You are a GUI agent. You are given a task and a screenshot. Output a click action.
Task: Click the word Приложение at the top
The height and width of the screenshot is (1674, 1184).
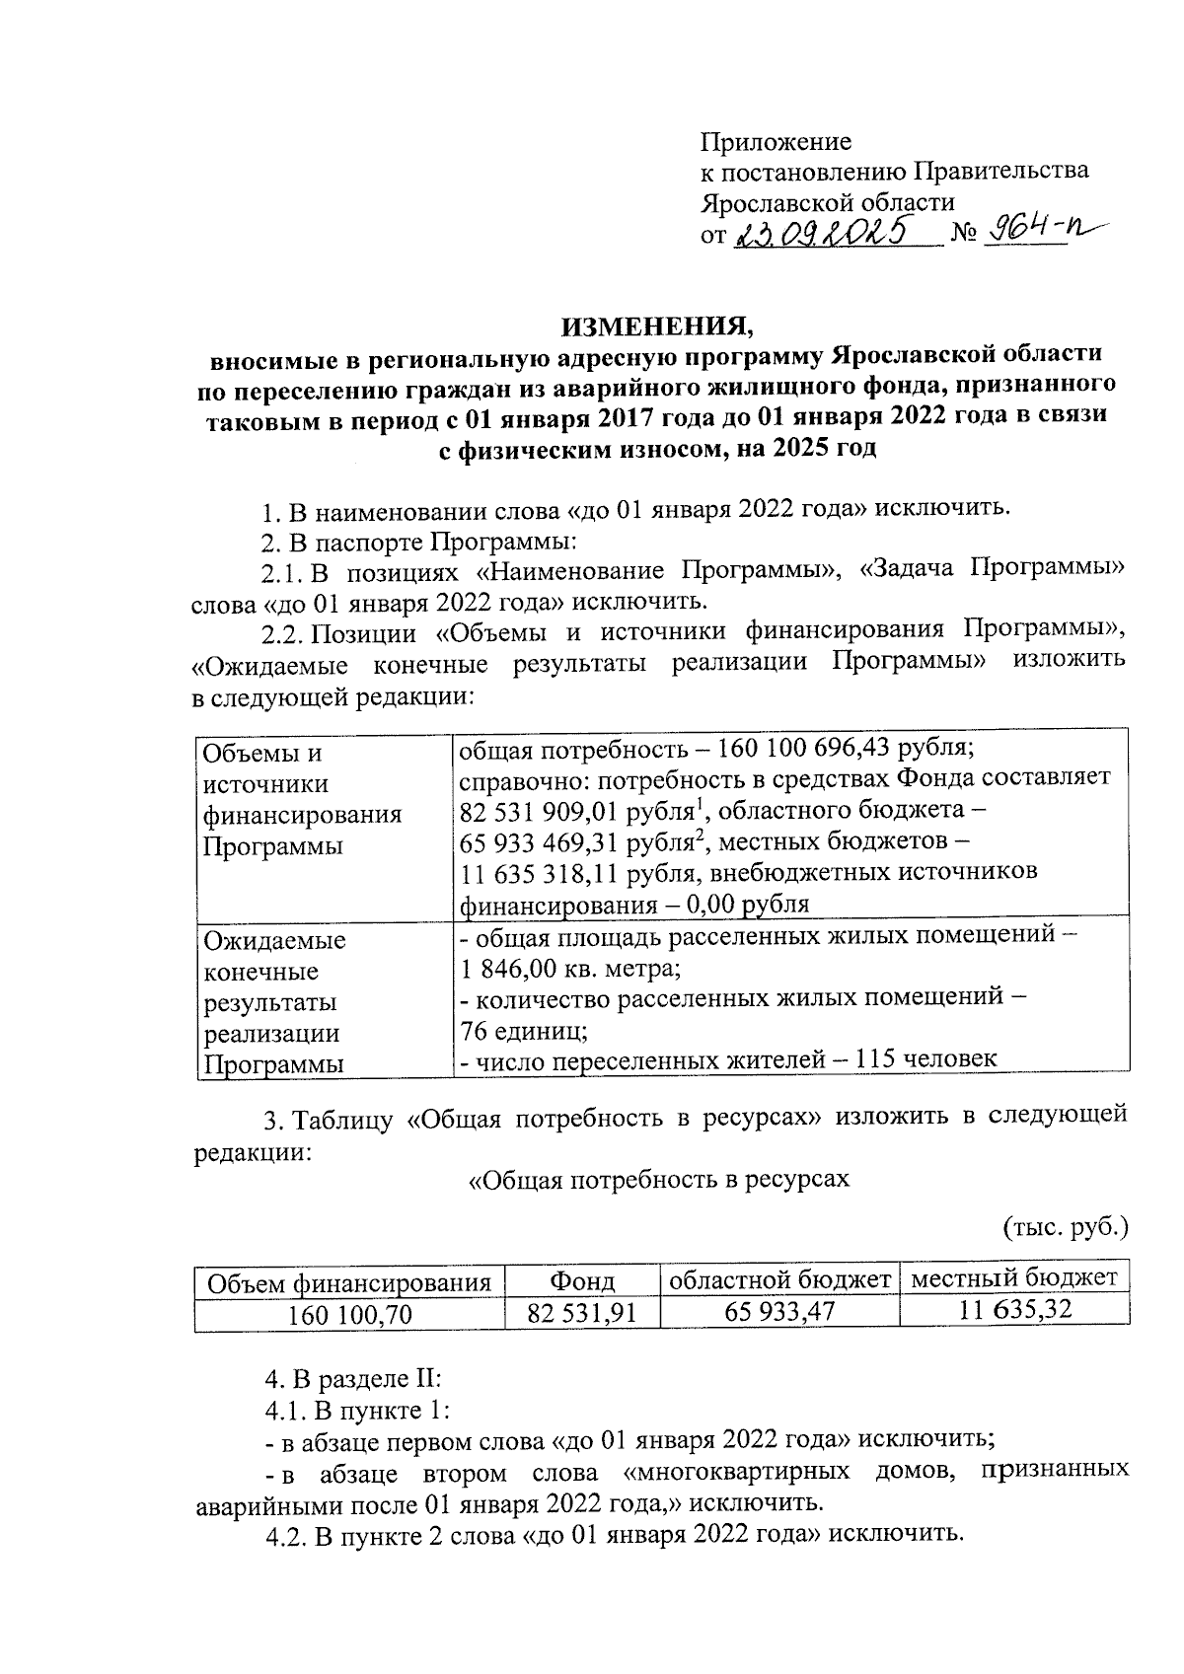coord(776,141)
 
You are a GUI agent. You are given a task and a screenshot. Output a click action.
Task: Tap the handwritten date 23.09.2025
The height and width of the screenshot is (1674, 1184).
coord(823,233)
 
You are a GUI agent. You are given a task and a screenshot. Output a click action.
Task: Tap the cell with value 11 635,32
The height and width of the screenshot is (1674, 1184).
coord(1015,1312)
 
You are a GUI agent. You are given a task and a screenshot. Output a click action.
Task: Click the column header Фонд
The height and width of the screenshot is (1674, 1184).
coord(582,1281)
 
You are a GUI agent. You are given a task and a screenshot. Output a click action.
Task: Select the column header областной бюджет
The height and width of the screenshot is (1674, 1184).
coord(779,1280)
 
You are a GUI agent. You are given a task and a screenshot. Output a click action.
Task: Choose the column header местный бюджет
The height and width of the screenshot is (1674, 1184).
coord(1015,1279)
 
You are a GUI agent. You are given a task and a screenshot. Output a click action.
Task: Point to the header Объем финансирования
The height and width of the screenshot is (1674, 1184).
coord(349,1282)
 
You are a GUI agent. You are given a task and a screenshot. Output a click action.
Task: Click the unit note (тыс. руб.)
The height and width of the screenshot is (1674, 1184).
coord(1066,1228)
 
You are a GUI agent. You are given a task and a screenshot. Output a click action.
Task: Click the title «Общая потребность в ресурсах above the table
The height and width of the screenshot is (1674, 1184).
coord(658,1179)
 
